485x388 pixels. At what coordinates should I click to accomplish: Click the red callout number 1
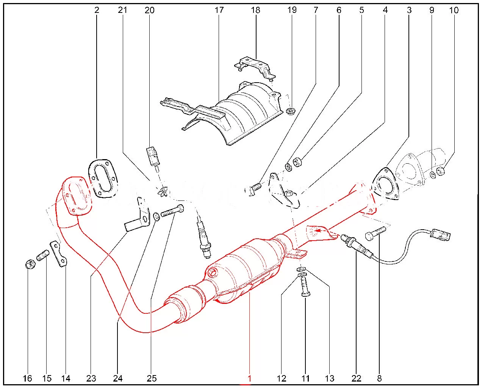point(249,378)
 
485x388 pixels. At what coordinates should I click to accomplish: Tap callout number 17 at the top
point(219,10)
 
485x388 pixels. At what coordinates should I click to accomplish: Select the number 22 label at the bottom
point(356,378)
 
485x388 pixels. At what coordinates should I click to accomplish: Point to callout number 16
point(28,378)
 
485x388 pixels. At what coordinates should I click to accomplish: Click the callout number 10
point(454,10)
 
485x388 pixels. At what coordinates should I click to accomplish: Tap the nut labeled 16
point(30,264)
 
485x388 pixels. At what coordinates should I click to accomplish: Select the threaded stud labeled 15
point(43,256)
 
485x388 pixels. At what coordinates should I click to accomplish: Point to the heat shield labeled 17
point(232,113)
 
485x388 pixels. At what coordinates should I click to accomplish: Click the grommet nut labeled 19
point(291,111)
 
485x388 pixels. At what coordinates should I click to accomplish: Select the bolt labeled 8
point(375,233)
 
